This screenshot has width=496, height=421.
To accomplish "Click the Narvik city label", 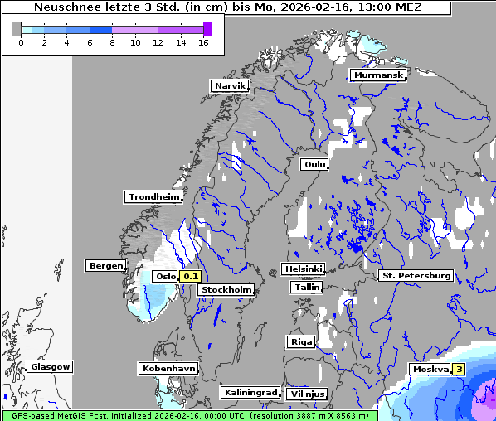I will [x=230, y=85].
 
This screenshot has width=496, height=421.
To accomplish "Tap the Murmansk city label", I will [x=378, y=75].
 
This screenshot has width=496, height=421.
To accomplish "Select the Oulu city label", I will [x=315, y=164].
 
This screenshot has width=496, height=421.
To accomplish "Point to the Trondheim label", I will [x=153, y=196].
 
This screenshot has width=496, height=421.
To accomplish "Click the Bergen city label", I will [x=105, y=265].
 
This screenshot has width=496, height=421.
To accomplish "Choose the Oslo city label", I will [x=166, y=276].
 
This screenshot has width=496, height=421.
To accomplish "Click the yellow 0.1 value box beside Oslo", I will [x=191, y=276].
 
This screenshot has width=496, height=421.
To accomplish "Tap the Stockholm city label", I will [x=226, y=289].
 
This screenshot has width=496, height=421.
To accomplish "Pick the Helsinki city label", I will [x=303, y=269].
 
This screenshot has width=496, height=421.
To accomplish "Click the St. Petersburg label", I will [x=415, y=274].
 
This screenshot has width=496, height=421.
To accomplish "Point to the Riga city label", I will [x=300, y=341].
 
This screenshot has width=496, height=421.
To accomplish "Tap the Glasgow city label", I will [x=51, y=366].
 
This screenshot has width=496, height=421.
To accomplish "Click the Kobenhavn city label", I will [x=168, y=367].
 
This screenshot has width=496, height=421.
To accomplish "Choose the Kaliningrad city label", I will [x=250, y=392].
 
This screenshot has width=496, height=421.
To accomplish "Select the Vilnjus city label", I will [x=306, y=394].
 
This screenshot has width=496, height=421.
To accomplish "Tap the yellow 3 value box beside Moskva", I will [x=458, y=369].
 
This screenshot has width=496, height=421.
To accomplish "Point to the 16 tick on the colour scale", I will [x=203, y=42].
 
